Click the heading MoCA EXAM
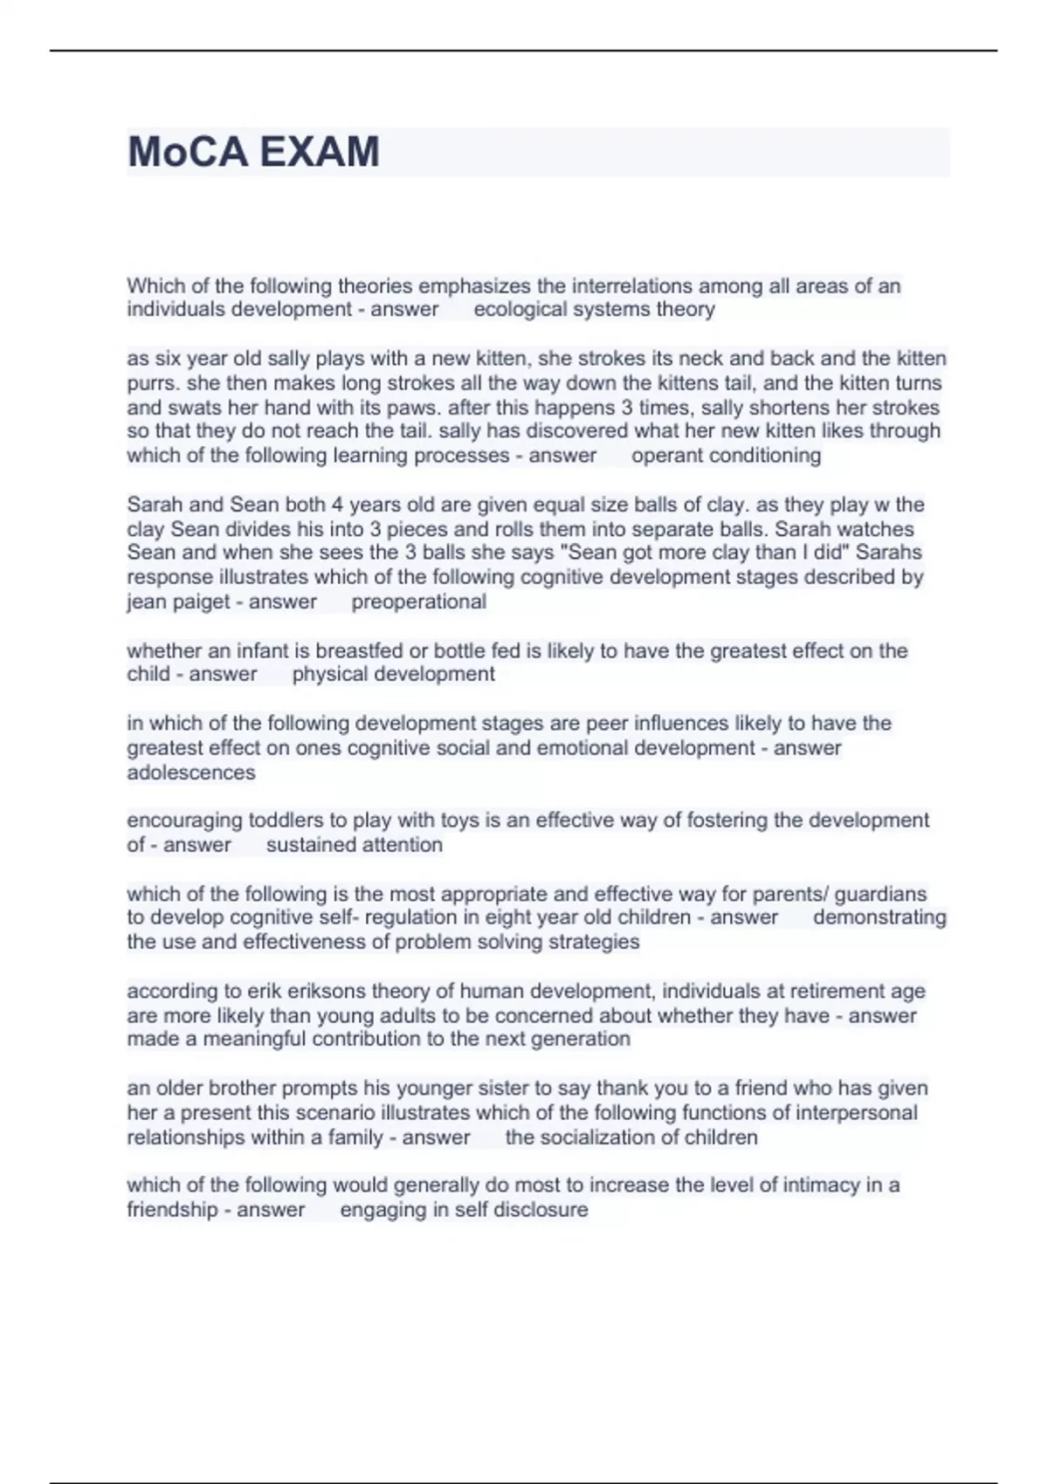point(253,152)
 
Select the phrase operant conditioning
point(726,456)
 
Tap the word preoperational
point(418,601)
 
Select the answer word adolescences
point(191,773)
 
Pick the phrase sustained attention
point(354,845)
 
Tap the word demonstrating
point(879,917)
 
